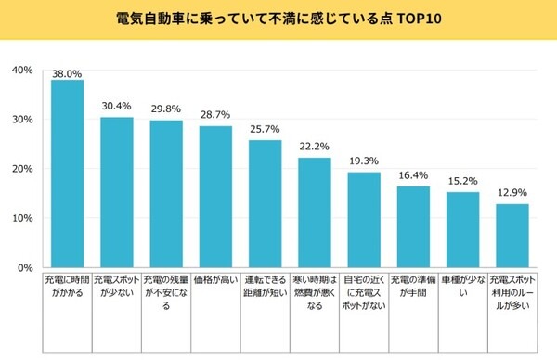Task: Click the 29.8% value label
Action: pos(166,109)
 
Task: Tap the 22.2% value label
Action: pos(315,147)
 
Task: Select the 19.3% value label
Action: pos(364,161)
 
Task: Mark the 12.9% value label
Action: pos(512,193)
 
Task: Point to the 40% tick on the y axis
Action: pos(21,71)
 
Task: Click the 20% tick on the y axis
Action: pos(21,169)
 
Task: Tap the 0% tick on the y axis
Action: pos(25,268)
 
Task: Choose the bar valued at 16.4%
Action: pos(413,227)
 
